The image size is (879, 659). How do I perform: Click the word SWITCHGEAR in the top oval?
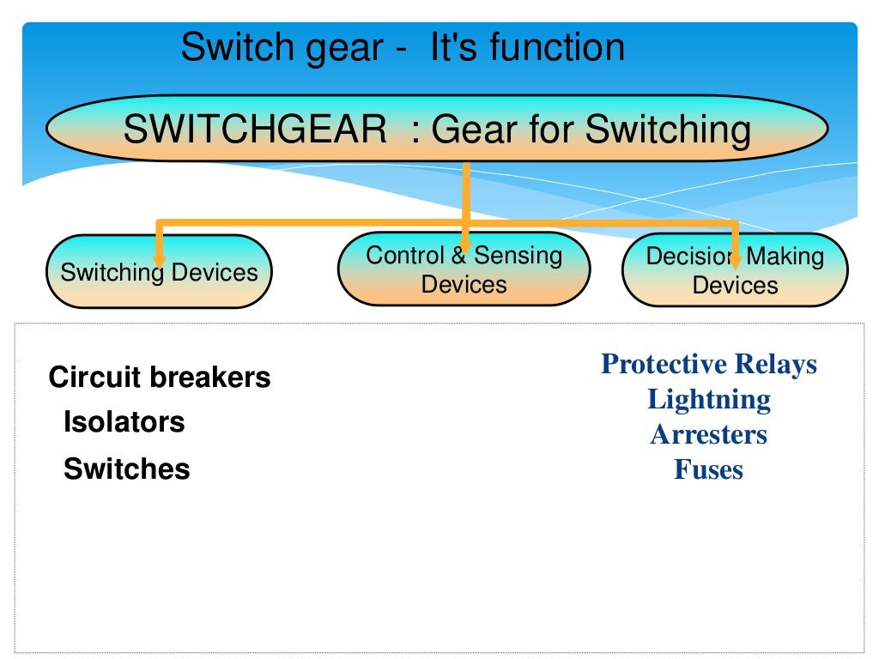click(x=255, y=130)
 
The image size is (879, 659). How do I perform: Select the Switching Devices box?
click(x=158, y=272)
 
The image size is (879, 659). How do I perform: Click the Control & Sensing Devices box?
click(x=464, y=269)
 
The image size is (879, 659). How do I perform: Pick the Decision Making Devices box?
click(x=734, y=270)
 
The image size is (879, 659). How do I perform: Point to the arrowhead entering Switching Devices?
click(x=159, y=259)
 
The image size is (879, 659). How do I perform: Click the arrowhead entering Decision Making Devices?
click(x=735, y=259)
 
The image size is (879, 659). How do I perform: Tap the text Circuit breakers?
click(x=160, y=378)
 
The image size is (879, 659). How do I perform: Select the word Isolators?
click(x=124, y=422)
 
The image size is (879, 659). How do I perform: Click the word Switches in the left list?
click(x=126, y=469)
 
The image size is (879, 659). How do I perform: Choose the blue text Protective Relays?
click(x=708, y=364)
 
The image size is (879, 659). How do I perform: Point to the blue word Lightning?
click(x=708, y=399)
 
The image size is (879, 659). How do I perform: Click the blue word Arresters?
click(x=708, y=434)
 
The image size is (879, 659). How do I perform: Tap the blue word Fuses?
click(x=708, y=469)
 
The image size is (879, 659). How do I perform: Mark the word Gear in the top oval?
click(x=475, y=130)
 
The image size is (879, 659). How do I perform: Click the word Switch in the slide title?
click(x=230, y=46)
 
